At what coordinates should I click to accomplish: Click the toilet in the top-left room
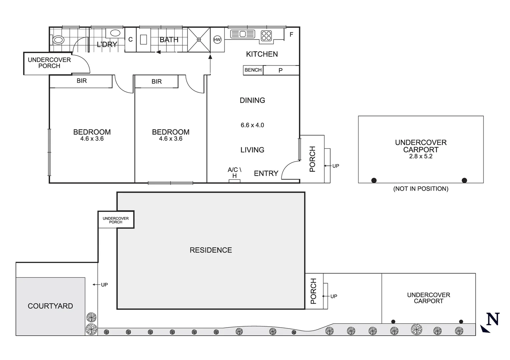(58, 40)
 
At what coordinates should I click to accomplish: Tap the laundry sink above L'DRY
(115, 33)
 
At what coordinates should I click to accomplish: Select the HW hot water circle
(217, 40)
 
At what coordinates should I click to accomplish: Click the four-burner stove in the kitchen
(266, 35)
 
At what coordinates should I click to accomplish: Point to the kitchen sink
(242, 34)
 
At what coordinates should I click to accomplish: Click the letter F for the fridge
(291, 35)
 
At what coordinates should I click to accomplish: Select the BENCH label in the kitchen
(253, 70)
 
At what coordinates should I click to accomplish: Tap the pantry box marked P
(281, 70)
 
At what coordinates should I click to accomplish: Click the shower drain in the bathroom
(199, 40)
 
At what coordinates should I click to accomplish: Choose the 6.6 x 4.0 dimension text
(252, 125)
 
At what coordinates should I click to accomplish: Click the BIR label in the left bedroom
(81, 81)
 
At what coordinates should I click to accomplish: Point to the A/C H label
(234, 173)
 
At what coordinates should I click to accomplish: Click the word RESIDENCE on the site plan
(210, 250)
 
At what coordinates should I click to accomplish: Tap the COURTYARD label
(50, 306)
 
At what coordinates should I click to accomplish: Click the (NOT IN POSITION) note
(421, 189)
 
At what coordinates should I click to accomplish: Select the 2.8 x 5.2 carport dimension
(421, 156)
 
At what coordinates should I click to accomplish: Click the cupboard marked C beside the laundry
(130, 40)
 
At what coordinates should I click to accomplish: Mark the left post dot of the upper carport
(374, 180)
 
